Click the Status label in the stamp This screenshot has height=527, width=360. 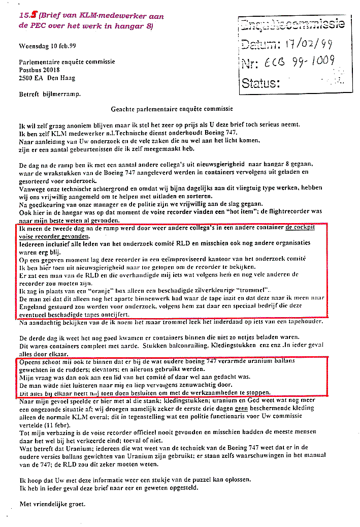pyautogui.click(x=260, y=82)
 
